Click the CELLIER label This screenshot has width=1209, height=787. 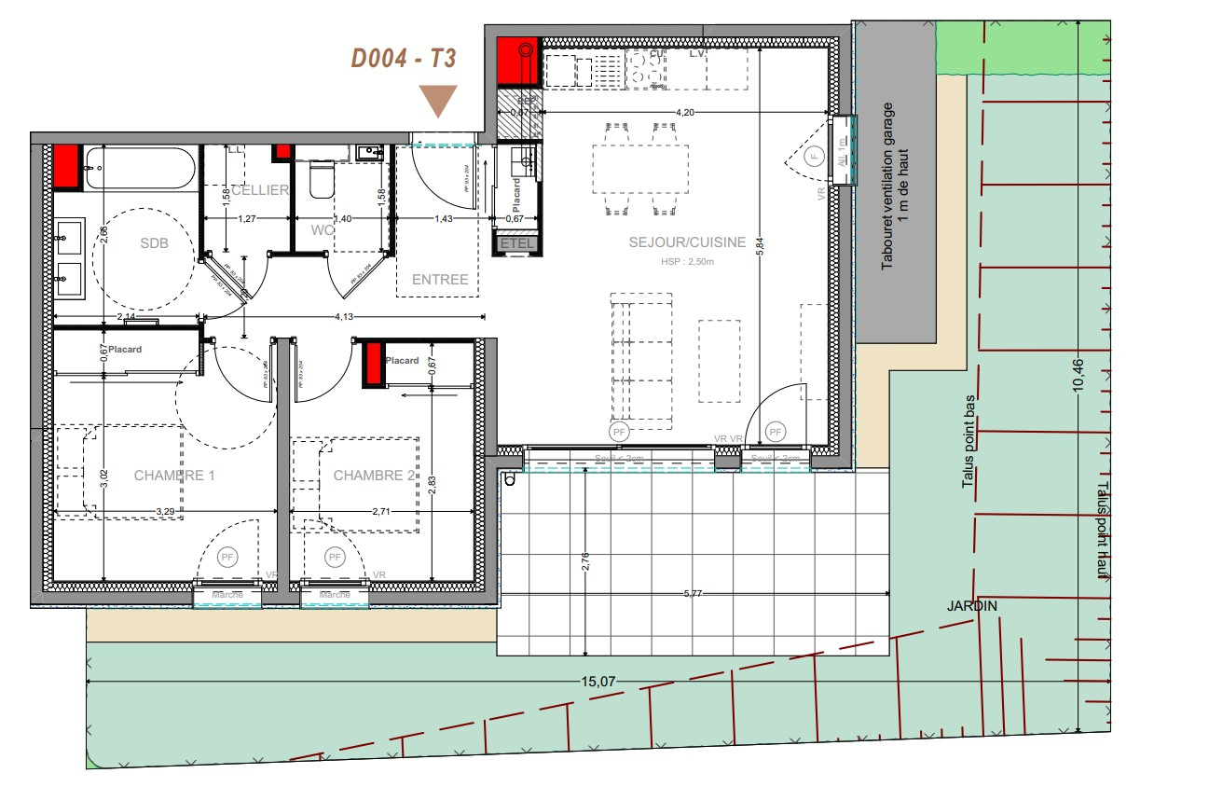click(259, 190)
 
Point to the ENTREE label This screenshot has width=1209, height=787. click(440, 280)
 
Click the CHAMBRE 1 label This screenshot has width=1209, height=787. click(174, 476)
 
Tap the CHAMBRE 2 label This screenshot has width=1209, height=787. click(374, 476)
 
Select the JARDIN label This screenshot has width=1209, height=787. click(972, 606)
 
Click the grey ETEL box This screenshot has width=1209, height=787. click(518, 244)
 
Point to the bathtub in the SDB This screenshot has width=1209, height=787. click(140, 169)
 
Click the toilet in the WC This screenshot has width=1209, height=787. click(322, 179)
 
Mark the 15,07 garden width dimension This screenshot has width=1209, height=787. click(599, 682)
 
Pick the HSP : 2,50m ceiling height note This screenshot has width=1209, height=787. click(688, 262)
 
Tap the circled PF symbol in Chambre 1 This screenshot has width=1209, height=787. click(227, 558)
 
